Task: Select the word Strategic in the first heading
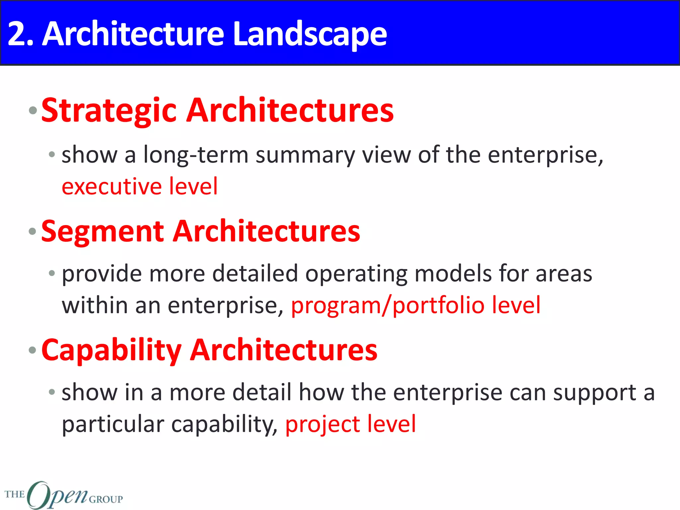[x=109, y=111]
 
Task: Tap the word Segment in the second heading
[x=102, y=231]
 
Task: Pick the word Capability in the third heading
[x=111, y=351]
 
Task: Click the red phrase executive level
[x=140, y=186]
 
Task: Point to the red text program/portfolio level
[x=416, y=305]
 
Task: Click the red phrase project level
[x=350, y=424]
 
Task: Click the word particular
[x=113, y=425]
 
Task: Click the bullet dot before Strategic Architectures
[x=33, y=111]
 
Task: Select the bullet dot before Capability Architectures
[x=33, y=350]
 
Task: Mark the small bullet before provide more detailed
[x=51, y=274]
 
